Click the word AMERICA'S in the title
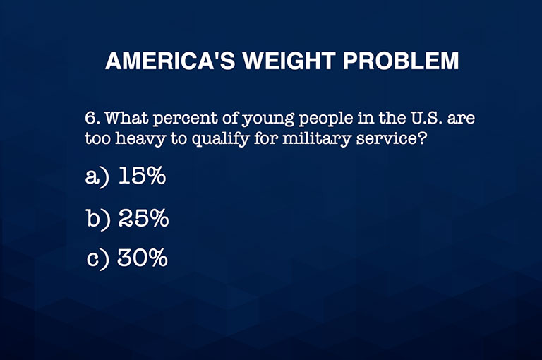click(x=170, y=61)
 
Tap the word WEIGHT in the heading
click(x=289, y=61)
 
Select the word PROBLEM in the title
click(x=401, y=61)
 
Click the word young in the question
click(x=268, y=120)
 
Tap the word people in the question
click(x=325, y=120)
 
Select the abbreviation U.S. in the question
click(x=426, y=119)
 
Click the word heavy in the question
click(x=140, y=140)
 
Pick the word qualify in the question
click(x=220, y=140)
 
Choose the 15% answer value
click(x=142, y=176)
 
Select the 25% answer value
click(x=143, y=218)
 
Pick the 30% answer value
click(x=143, y=258)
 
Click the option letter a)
click(x=97, y=177)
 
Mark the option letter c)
click(x=98, y=259)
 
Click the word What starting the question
click(x=126, y=119)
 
